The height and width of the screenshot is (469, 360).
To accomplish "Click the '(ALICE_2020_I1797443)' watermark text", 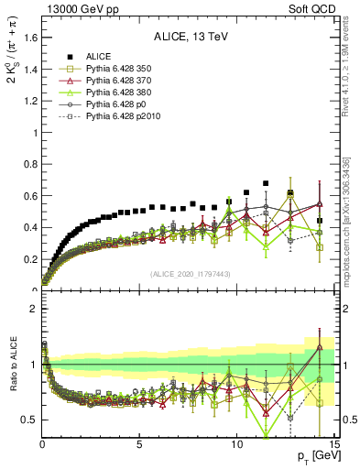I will tap(190, 275).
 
